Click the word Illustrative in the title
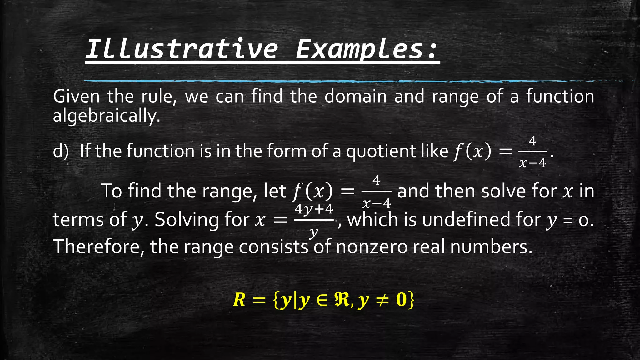coord(181,49)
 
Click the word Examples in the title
coord(359,49)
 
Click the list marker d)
coord(61,151)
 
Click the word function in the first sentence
coord(560,96)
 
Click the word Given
coord(76,96)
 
